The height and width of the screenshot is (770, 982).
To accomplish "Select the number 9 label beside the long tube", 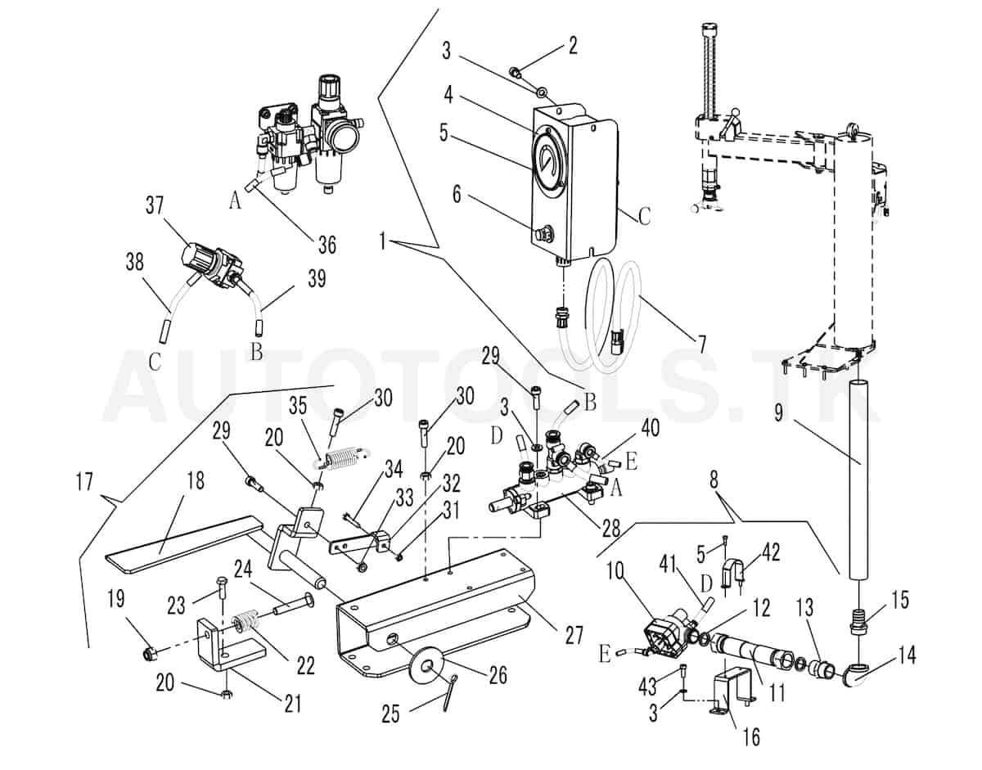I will click(779, 412).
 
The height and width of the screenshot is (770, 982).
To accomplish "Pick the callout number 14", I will click(906, 655).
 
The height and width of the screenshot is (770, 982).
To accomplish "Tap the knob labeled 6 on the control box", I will click(541, 235).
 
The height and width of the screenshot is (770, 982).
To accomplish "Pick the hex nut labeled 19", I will click(150, 652).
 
